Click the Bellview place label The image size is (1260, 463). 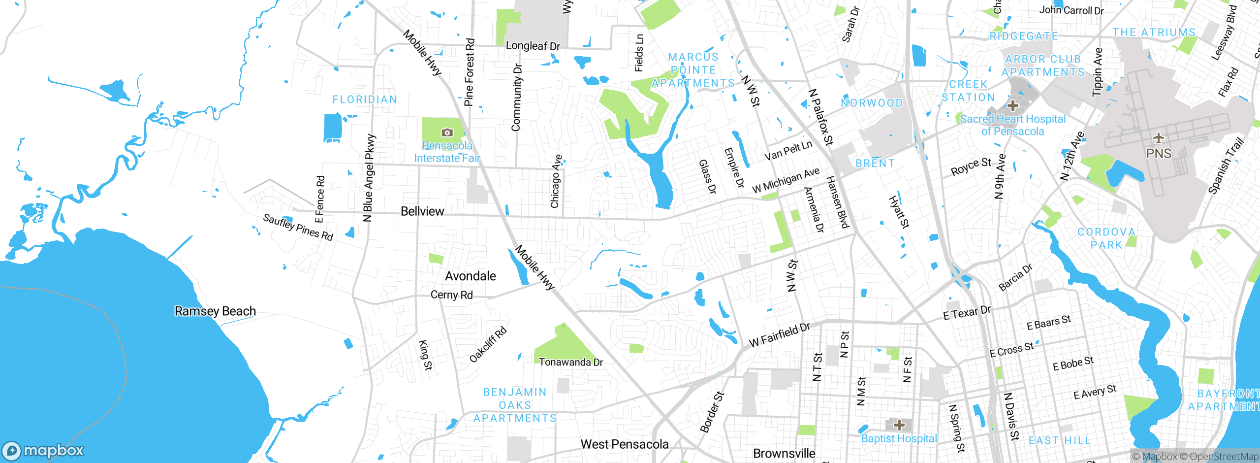tap(422, 211)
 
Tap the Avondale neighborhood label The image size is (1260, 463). tap(470, 276)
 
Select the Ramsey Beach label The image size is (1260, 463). tap(215, 311)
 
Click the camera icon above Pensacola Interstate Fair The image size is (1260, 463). tap(447, 132)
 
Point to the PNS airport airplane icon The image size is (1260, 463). tap(1158, 138)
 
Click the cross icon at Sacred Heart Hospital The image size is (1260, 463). tap(1012, 105)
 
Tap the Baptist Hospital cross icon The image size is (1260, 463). tap(899, 425)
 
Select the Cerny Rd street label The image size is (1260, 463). tap(451, 295)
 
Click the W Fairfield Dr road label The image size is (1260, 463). tap(779, 335)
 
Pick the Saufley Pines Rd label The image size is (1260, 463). tap(298, 227)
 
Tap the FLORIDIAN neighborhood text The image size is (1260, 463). tap(365, 99)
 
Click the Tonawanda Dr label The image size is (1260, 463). tap(570, 363)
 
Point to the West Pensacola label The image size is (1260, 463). tap(624, 444)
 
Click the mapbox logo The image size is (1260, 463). tap(43, 451)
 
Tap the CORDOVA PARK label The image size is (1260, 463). tap(1106, 238)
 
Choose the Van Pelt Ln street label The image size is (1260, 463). tap(788, 151)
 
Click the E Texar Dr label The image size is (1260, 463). tap(967, 313)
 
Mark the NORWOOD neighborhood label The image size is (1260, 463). tap(872, 103)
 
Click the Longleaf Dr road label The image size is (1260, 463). tap(533, 46)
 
